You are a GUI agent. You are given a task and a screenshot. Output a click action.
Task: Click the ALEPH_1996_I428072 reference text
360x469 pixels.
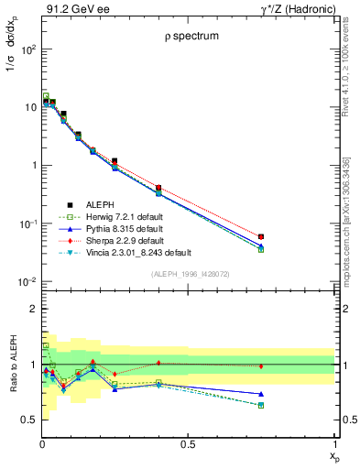point(189,273)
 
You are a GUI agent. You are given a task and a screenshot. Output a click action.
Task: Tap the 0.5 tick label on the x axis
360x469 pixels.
point(189,444)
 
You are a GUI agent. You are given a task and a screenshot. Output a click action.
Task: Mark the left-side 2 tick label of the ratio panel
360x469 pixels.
point(33,309)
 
